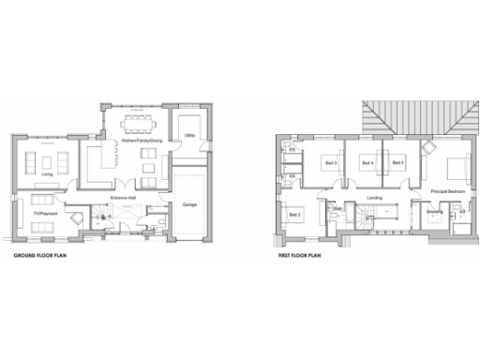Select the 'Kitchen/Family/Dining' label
(142, 141)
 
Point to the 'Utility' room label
(189, 136)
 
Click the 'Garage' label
(189, 203)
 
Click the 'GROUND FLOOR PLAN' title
(37, 254)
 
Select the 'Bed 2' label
(294, 215)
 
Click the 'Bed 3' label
(330, 163)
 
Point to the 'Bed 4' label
(367, 163)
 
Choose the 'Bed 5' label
(397, 163)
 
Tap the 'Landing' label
(374, 198)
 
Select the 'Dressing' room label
(434, 212)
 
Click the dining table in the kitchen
(142, 123)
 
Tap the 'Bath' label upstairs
(335, 221)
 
